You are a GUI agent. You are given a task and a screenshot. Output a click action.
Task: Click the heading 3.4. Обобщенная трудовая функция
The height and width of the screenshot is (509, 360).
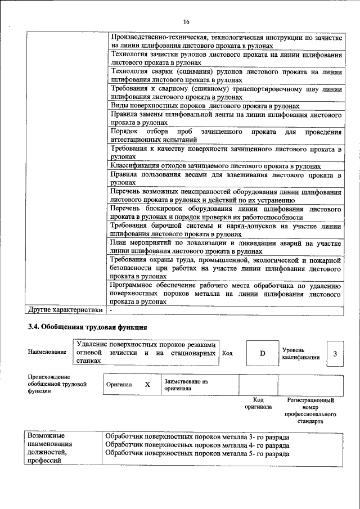[x=88, y=327]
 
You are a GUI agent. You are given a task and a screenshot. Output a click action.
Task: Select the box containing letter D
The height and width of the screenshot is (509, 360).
[x=262, y=353]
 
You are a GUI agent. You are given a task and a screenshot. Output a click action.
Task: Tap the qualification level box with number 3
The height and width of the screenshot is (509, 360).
[x=335, y=354]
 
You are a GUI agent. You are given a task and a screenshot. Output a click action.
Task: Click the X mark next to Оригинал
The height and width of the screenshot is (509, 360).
[x=147, y=385]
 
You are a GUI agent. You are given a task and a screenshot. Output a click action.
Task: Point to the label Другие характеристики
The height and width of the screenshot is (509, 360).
[x=65, y=309]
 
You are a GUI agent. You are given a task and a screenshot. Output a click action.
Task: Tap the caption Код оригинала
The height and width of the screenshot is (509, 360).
[x=258, y=403]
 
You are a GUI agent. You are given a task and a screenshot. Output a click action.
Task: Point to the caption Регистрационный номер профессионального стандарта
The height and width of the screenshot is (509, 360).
[x=310, y=410]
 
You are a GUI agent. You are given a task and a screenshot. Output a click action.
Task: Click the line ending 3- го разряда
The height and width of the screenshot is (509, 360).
[x=197, y=436]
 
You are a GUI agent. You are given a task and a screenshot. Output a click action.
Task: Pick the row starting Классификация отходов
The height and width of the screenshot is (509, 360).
[x=215, y=166]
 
